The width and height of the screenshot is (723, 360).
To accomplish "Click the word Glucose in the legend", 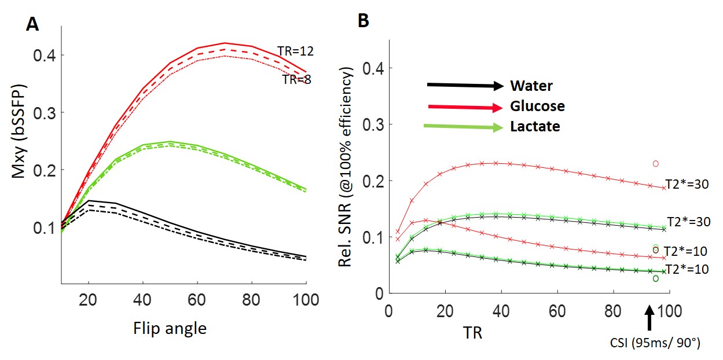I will (537, 106).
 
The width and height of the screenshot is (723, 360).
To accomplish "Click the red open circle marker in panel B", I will (656, 163).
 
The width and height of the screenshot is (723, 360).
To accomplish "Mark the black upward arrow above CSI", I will (649, 317).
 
